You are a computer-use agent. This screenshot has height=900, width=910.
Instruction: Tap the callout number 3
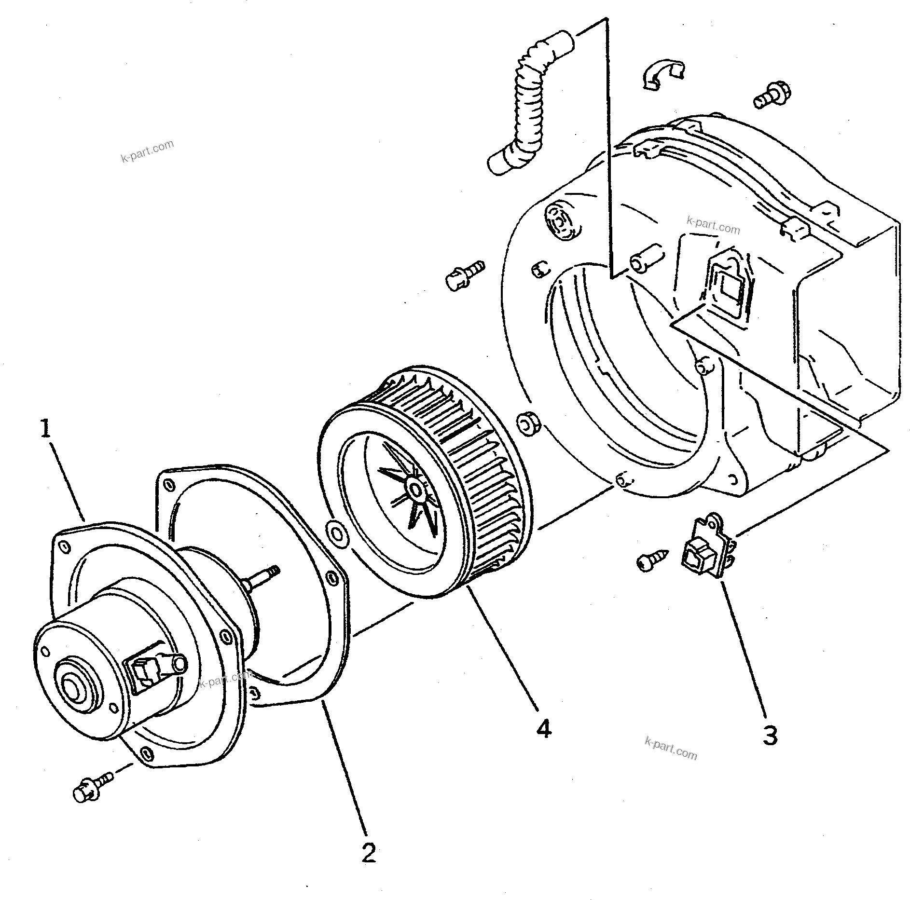(770, 736)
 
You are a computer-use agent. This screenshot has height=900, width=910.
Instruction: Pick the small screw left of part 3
(652, 560)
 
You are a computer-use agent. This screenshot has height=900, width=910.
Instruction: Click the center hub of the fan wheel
(414, 490)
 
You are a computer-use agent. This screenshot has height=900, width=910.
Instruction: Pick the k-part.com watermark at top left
(147, 151)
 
